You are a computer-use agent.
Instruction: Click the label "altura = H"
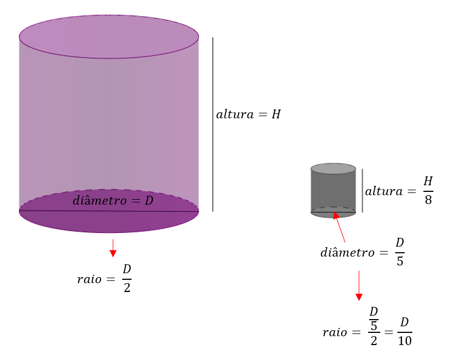click(x=248, y=115)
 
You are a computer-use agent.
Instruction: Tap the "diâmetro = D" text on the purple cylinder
click(x=113, y=200)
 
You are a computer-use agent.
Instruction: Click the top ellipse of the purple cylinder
click(x=109, y=36)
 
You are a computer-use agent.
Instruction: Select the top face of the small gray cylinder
click(x=333, y=169)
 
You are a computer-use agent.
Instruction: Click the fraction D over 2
click(x=127, y=278)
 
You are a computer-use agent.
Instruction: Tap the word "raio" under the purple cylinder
click(x=90, y=279)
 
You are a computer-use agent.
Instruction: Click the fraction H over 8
click(x=428, y=190)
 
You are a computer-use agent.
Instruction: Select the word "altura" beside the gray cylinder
click(x=383, y=191)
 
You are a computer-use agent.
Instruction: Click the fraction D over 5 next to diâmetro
click(x=400, y=252)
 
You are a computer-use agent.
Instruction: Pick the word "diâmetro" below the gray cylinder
click(x=348, y=253)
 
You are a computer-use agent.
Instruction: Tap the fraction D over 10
click(x=405, y=332)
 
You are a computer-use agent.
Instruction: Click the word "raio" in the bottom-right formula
click(x=335, y=332)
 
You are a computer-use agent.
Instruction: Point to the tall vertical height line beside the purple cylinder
click(x=213, y=124)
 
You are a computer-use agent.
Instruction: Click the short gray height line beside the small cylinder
click(x=362, y=190)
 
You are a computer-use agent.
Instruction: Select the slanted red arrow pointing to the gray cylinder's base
click(x=339, y=227)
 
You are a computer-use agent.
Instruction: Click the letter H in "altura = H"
click(x=276, y=115)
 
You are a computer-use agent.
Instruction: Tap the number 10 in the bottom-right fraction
click(x=405, y=341)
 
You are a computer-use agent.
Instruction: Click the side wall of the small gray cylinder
click(x=333, y=191)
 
